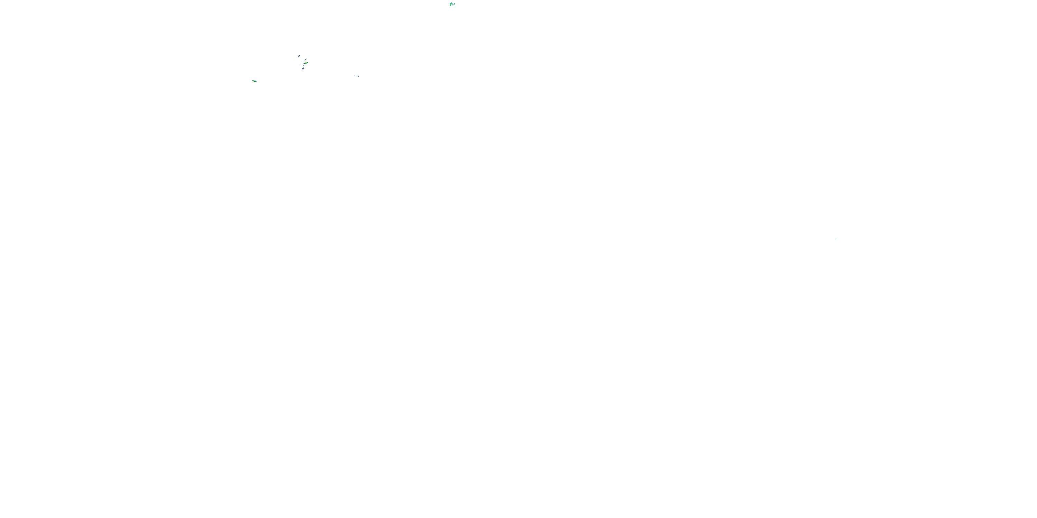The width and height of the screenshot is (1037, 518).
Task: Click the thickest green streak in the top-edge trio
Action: click(x=450, y=4)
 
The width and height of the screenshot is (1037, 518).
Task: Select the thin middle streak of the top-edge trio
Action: click(x=453, y=4)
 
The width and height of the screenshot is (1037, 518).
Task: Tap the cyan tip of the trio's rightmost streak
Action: click(x=455, y=3)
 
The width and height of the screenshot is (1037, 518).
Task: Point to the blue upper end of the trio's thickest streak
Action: click(x=451, y=3)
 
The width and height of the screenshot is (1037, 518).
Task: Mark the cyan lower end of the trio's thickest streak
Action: click(x=450, y=6)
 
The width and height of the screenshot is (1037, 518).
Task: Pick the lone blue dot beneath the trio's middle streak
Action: click(x=452, y=5)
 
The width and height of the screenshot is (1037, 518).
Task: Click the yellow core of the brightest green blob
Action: click(x=306, y=63)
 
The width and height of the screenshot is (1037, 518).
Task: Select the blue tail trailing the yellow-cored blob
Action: click(x=304, y=64)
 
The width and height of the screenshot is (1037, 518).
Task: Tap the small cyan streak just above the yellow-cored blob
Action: click(x=305, y=60)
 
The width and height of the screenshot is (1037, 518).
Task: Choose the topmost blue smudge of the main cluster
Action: click(x=299, y=56)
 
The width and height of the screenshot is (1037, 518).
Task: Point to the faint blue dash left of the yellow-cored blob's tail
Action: click(x=299, y=65)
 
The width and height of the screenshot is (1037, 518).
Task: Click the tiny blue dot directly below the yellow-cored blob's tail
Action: click(x=304, y=66)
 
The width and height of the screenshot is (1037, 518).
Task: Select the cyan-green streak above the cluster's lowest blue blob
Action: click(x=303, y=68)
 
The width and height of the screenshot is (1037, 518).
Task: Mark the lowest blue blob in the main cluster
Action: click(x=303, y=69)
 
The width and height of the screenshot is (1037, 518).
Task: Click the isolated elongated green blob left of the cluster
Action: click(x=254, y=81)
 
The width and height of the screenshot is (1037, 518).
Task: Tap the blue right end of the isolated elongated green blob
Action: click(x=256, y=81)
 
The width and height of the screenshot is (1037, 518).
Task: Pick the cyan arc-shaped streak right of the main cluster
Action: click(x=356, y=76)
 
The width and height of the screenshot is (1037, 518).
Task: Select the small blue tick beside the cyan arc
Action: click(x=358, y=77)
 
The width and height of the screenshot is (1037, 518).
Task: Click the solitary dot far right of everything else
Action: click(x=836, y=239)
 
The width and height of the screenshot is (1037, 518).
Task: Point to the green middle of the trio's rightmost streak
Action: click(x=454, y=5)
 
